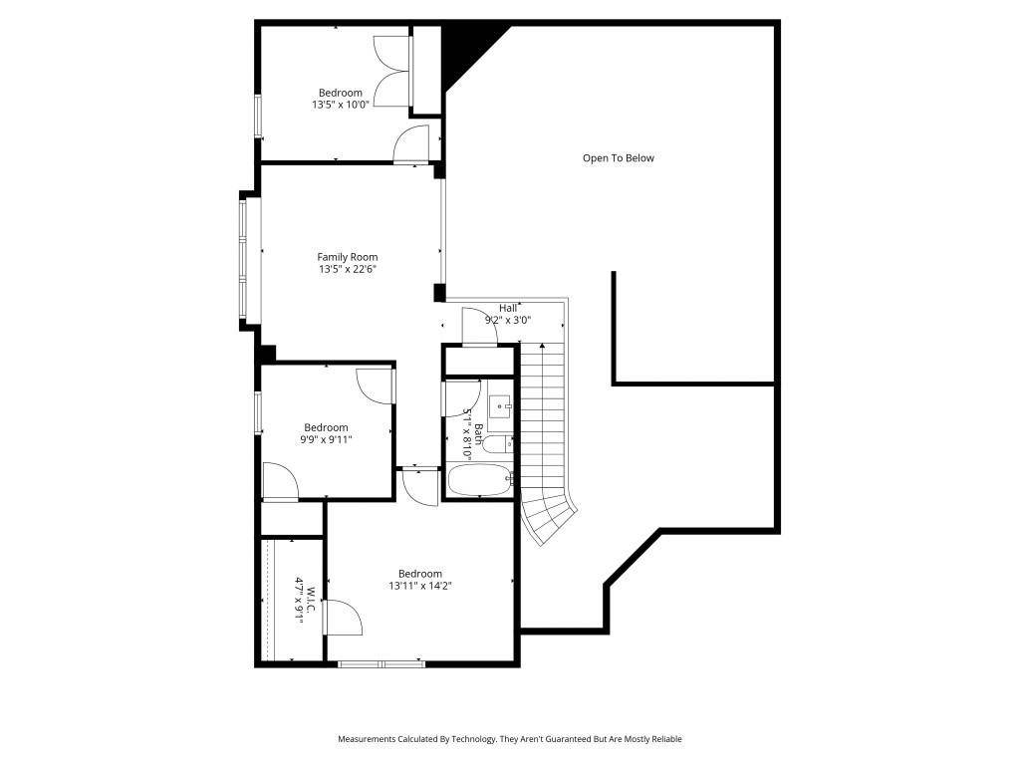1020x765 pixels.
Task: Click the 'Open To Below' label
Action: (618, 158)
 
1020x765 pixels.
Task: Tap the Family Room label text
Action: (348, 257)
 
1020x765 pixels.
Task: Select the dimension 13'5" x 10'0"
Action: (341, 104)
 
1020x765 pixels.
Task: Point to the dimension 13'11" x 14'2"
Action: (420, 586)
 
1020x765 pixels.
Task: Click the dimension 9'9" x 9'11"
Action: (326, 439)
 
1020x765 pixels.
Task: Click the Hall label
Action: (508, 308)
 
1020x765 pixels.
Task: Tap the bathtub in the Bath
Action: (480, 480)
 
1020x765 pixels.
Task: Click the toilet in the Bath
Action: (498, 444)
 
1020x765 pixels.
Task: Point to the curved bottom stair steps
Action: (549, 517)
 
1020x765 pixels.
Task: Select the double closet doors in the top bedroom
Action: (392, 72)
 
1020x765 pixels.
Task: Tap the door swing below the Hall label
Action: (479, 325)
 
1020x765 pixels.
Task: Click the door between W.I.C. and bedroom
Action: (342, 617)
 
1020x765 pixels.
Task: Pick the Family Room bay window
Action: (244, 260)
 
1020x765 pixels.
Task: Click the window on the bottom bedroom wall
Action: (382, 664)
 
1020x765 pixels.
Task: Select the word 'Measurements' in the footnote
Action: (367, 739)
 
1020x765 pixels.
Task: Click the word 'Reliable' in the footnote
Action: (666, 739)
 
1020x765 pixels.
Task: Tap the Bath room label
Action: (479, 434)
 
